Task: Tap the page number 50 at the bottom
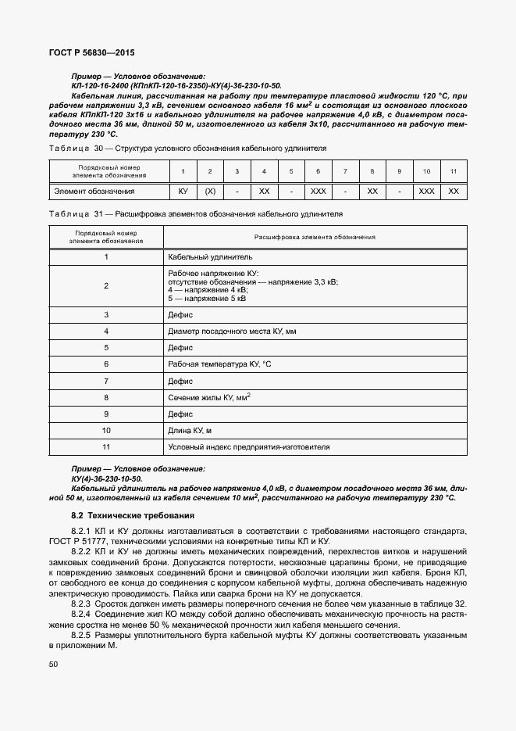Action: tap(54, 664)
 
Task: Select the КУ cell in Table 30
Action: tap(183, 191)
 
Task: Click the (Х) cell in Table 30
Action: tap(209, 191)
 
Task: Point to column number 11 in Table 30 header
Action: tap(454, 170)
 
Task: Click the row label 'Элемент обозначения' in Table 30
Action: tap(94, 191)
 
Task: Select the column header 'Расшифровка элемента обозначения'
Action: tap(315, 237)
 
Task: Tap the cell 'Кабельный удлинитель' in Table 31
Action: tap(210, 256)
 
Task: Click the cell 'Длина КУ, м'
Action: tap(190, 430)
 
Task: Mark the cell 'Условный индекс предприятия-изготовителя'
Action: tap(249, 447)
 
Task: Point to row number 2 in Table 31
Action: tap(106, 286)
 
